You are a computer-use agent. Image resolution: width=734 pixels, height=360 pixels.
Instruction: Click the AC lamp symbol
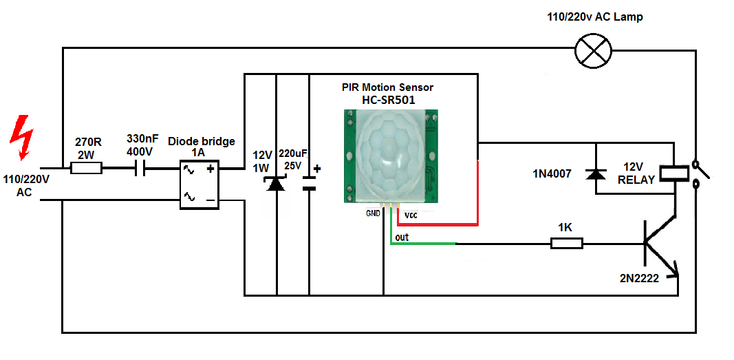click(x=593, y=50)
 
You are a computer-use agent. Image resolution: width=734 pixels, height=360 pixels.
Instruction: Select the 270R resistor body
click(x=86, y=168)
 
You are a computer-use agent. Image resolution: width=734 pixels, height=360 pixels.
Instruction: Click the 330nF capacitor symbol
click(x=140, y=168)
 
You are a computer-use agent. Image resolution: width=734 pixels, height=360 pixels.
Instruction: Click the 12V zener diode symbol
click(x=275, y=183)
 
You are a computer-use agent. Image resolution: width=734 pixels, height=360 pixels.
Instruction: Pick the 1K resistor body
click(x=566, y=244)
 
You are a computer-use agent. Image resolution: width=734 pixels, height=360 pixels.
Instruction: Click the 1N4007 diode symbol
click(x=595, y=174)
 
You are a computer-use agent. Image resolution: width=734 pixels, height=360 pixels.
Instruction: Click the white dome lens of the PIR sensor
click(x=389, y=154)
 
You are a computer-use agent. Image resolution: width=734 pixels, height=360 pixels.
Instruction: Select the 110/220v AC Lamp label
click(x=595, y=17)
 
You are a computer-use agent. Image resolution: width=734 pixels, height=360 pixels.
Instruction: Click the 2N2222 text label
click(x=640, y=279)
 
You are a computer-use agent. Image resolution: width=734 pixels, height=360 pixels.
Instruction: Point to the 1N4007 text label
click(x=552, y=174)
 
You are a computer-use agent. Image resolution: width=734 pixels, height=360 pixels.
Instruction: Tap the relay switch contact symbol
click(x=700, y=175)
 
